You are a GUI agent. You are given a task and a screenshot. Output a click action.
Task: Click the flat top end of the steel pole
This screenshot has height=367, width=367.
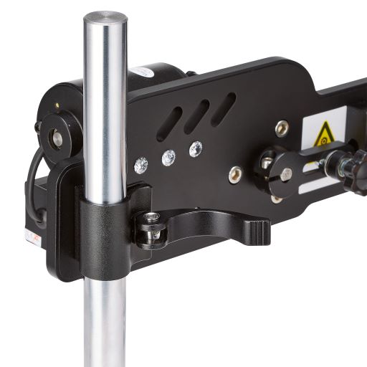(x=105, y=16)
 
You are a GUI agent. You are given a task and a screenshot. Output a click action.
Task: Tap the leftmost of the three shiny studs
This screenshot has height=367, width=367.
(x=141, y=166)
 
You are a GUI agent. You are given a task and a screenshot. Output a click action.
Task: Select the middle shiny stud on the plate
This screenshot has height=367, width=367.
(x=168, y=158)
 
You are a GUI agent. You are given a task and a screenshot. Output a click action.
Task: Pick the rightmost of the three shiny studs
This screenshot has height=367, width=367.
(x=195, y=149)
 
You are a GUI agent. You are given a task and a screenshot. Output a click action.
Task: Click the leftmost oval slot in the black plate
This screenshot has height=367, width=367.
(x=169, y=126)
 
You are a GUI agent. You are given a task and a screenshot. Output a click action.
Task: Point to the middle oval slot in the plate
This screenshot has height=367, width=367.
(x=196, y=116)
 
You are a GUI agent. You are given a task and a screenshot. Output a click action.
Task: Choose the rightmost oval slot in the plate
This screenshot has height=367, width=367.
(x=223, y=108)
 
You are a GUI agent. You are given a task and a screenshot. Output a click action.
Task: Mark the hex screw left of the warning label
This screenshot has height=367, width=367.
(x=282, y=128)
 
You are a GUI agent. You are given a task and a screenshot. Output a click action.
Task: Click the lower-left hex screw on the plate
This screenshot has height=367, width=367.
(x=236, y=173)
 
